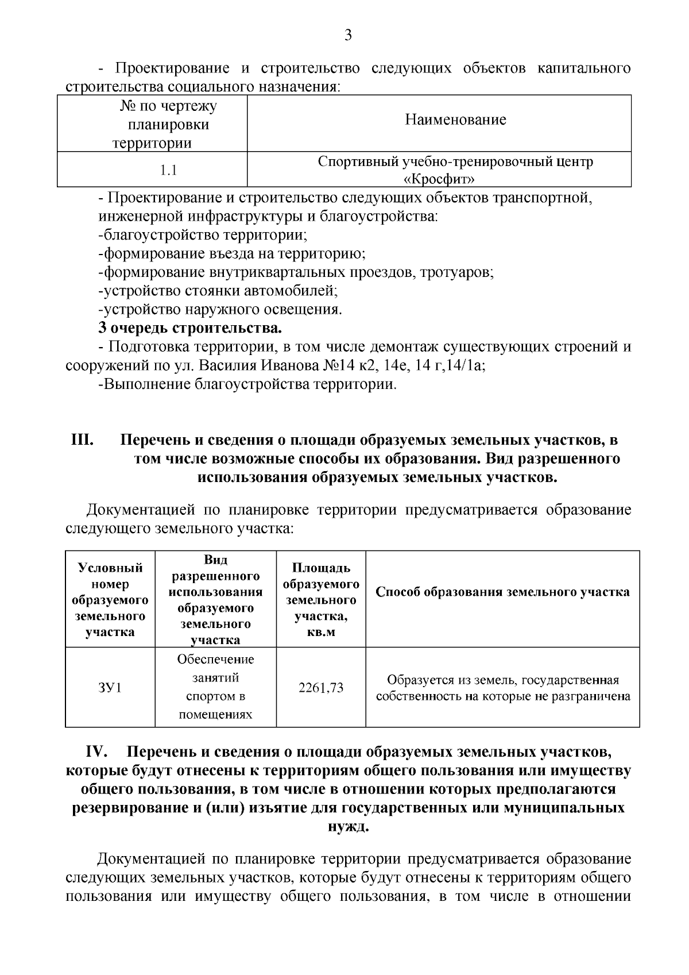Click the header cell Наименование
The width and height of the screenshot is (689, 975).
455,120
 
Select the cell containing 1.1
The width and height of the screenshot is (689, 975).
168,171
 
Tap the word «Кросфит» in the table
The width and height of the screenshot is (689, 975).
439,179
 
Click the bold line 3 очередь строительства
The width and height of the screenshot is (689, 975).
190,329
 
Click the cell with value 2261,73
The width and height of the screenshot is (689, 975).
321,687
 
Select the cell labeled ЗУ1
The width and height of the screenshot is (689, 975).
110,687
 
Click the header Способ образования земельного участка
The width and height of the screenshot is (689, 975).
502,592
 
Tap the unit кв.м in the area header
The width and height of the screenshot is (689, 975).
321,632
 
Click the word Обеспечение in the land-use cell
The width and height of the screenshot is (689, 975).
215,660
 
